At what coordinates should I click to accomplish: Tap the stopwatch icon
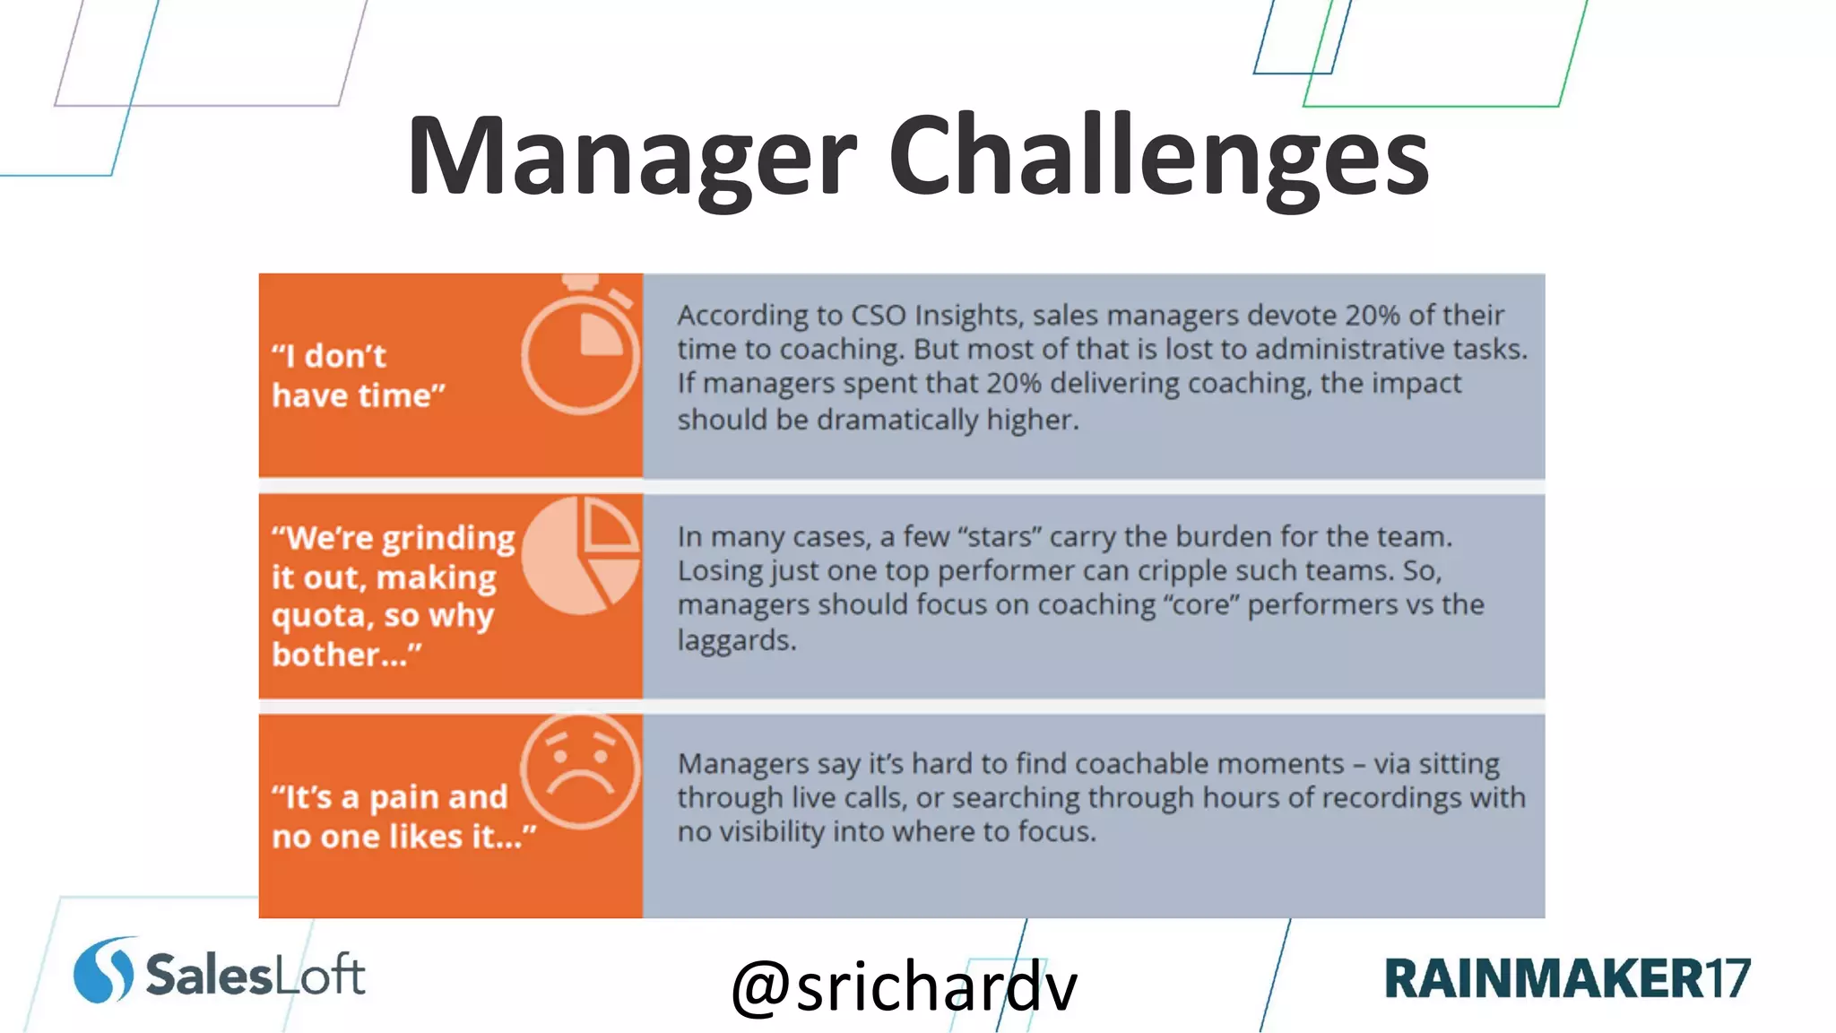click(580, 349)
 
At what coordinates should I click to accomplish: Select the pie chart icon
click(581, 556)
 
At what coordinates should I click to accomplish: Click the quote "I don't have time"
click(359, 376)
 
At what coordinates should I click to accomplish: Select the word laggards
click(736, 640)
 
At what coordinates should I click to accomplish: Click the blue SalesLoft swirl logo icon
click(104, 970)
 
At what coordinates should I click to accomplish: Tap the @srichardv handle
click(904, 986)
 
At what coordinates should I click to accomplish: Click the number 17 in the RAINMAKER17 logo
click(1727, 978)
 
